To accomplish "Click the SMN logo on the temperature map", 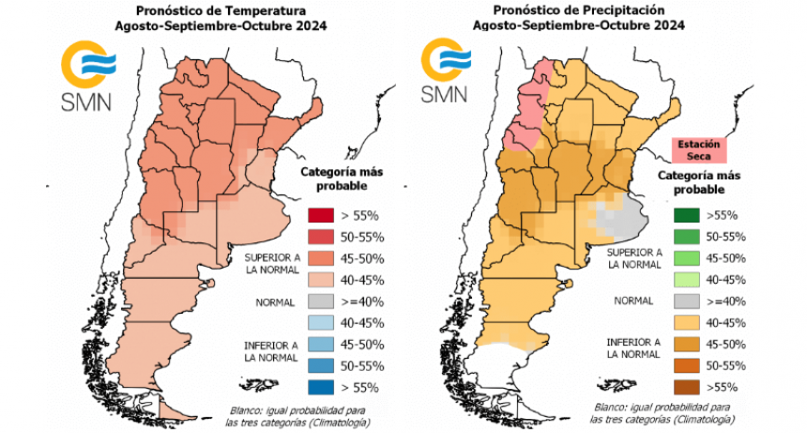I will point(87,75).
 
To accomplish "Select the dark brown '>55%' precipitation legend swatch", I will point(687,387).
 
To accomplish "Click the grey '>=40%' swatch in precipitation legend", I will point(687,302).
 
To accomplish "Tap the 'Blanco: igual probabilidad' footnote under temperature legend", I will point(297,414).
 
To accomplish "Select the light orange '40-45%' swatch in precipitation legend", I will point(687,323).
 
